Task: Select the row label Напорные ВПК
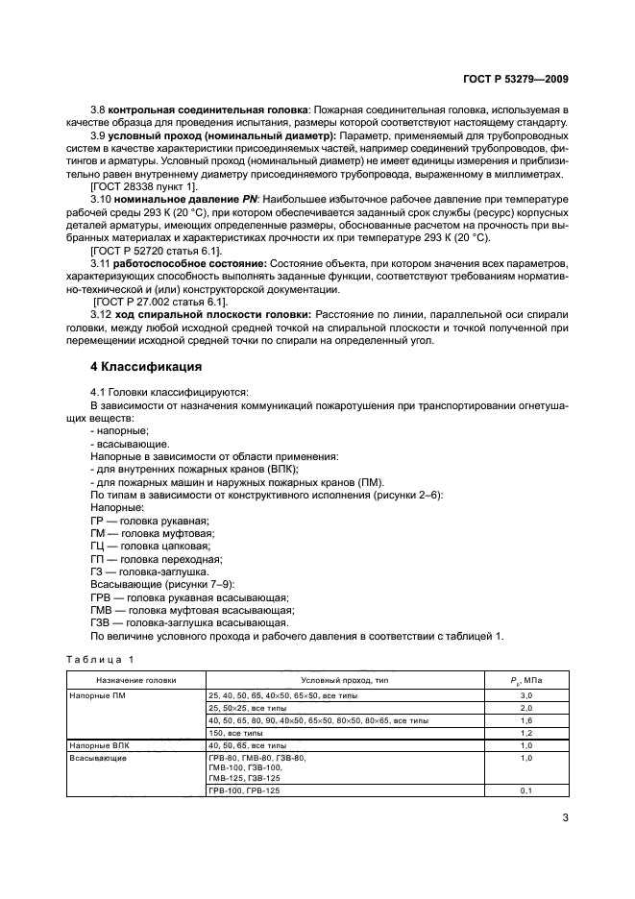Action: click(97, 744)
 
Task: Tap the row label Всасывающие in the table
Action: click(92, 758)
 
